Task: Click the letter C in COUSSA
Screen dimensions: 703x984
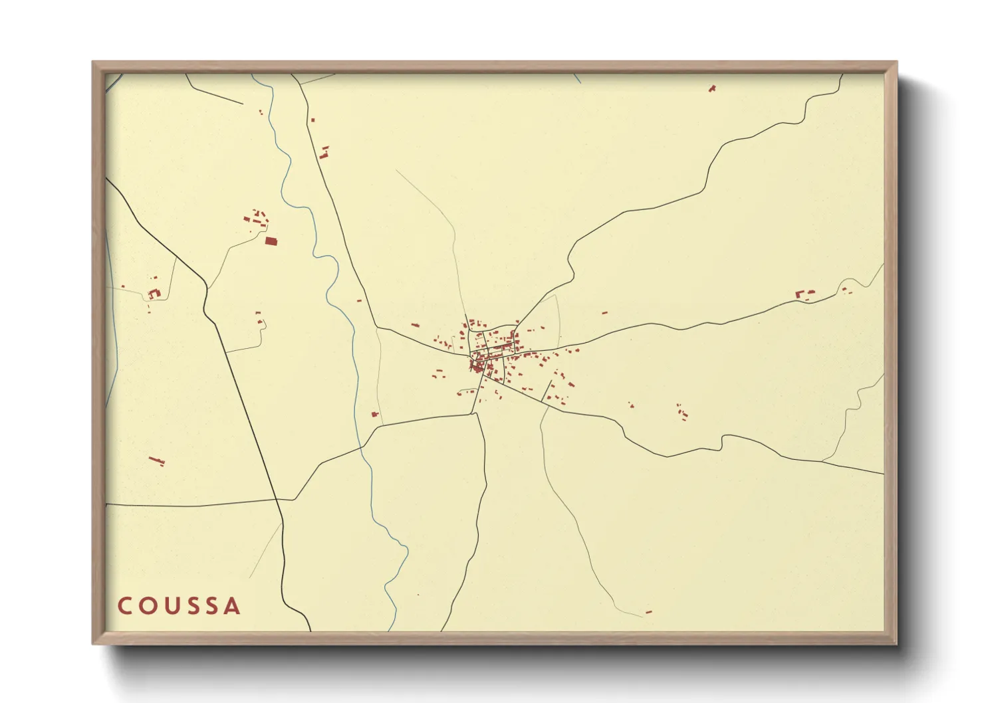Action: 125,606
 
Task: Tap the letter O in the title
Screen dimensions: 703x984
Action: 148,606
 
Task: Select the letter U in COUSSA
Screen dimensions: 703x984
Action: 171,606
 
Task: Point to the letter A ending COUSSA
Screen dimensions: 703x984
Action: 232,606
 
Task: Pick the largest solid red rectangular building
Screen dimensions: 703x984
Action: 271,241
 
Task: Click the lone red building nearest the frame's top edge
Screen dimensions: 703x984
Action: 712,88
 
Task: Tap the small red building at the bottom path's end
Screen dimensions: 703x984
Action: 649,611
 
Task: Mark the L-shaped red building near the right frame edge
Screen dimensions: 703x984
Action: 800,294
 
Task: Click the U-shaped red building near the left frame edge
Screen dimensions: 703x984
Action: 154,293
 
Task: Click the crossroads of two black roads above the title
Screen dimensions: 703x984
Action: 278,499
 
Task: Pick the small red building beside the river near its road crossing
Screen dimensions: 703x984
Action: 375,414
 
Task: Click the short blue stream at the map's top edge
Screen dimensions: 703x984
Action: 577,78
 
